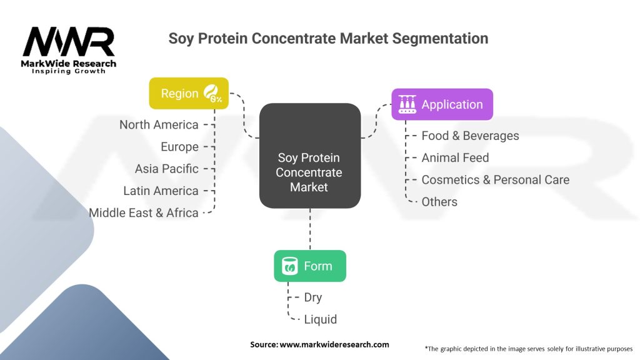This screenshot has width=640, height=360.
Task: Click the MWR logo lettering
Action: tap(69, 42)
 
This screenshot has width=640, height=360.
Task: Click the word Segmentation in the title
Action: tap(440, 39)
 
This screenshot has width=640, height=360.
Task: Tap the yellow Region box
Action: tap(189, 94)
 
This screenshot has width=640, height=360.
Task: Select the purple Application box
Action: tap(442, 104)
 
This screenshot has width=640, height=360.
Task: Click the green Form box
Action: tap(310, 266)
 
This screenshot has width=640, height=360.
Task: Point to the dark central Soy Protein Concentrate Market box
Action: tap(310, 156)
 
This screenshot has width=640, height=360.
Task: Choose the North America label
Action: tap(159, 125)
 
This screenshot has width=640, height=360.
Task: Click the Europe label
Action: tap(179, 147)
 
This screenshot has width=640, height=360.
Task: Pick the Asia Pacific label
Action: tap(166, 169)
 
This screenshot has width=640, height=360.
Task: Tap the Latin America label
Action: tap(161, 191)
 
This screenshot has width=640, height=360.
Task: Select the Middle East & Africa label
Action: tap(144, 213)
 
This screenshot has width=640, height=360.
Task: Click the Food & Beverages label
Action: tap(470, 136)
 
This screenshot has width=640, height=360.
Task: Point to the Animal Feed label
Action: tap(455, 158)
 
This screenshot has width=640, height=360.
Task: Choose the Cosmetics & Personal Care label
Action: tap(495, 180)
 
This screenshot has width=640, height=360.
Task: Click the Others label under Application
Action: tap(439, 202)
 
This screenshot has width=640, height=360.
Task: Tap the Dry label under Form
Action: tap(313, 297)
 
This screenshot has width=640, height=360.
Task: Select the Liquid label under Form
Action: tap(321, 319)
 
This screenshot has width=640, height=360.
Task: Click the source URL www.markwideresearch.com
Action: tap(334, 344)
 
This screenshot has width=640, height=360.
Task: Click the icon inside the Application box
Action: tap(407, 104)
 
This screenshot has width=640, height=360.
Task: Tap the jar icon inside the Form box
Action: tap(290, 266)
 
